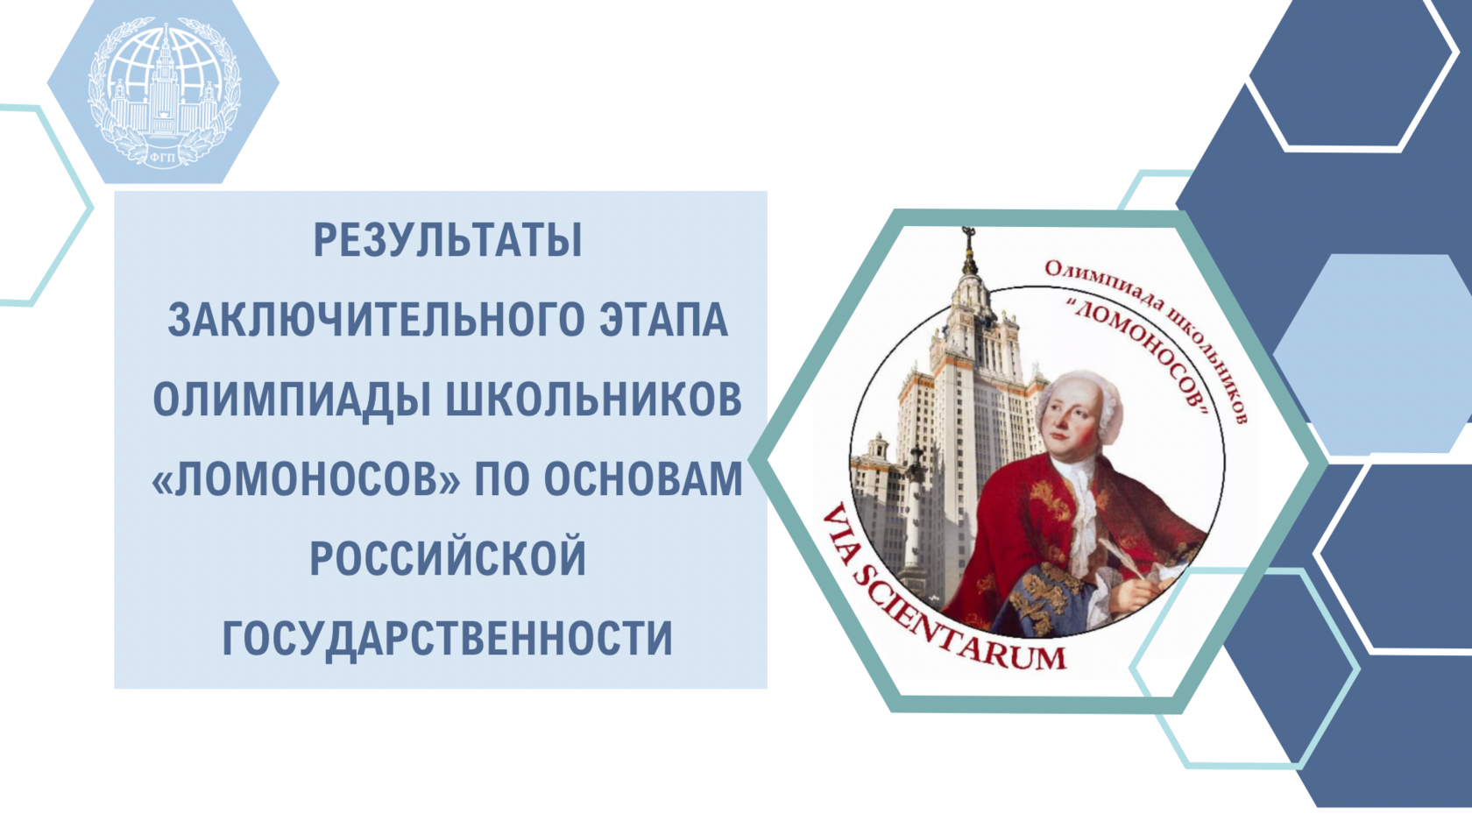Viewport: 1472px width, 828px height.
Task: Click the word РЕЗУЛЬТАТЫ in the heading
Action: (449, 240)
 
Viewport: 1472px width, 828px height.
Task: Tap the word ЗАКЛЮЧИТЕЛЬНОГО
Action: (375, 319)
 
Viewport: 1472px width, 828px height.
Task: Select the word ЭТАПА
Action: (664, 319)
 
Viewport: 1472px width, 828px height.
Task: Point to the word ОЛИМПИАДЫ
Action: (292, 400)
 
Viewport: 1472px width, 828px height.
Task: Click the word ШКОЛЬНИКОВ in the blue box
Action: (594, 399)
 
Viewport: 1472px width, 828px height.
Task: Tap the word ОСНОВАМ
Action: (643, 478)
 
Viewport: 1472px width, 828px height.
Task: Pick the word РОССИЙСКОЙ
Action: (448, 558)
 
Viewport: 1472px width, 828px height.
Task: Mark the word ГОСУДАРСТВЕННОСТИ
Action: (448, 638)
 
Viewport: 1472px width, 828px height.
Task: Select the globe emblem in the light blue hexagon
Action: (164, 92)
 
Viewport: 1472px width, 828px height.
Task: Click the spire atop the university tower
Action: (968, 253)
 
